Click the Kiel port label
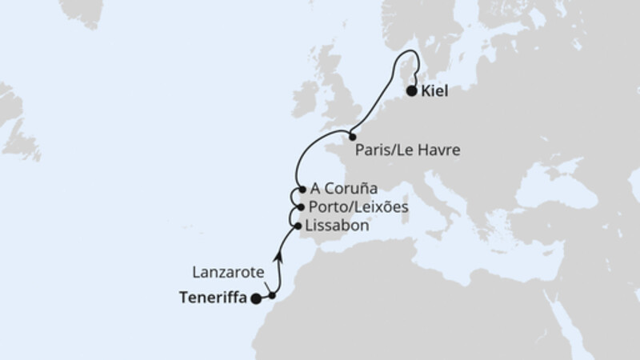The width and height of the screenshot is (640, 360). point(436,92)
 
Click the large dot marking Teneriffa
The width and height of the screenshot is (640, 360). point(255,299)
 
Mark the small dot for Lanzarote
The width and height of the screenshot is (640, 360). point(272,296)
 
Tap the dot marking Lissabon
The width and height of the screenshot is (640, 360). point(299,226)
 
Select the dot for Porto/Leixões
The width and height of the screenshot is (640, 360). point(300,207)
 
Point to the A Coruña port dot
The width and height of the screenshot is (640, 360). point(302,190)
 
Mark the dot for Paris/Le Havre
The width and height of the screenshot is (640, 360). point(352,138)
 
